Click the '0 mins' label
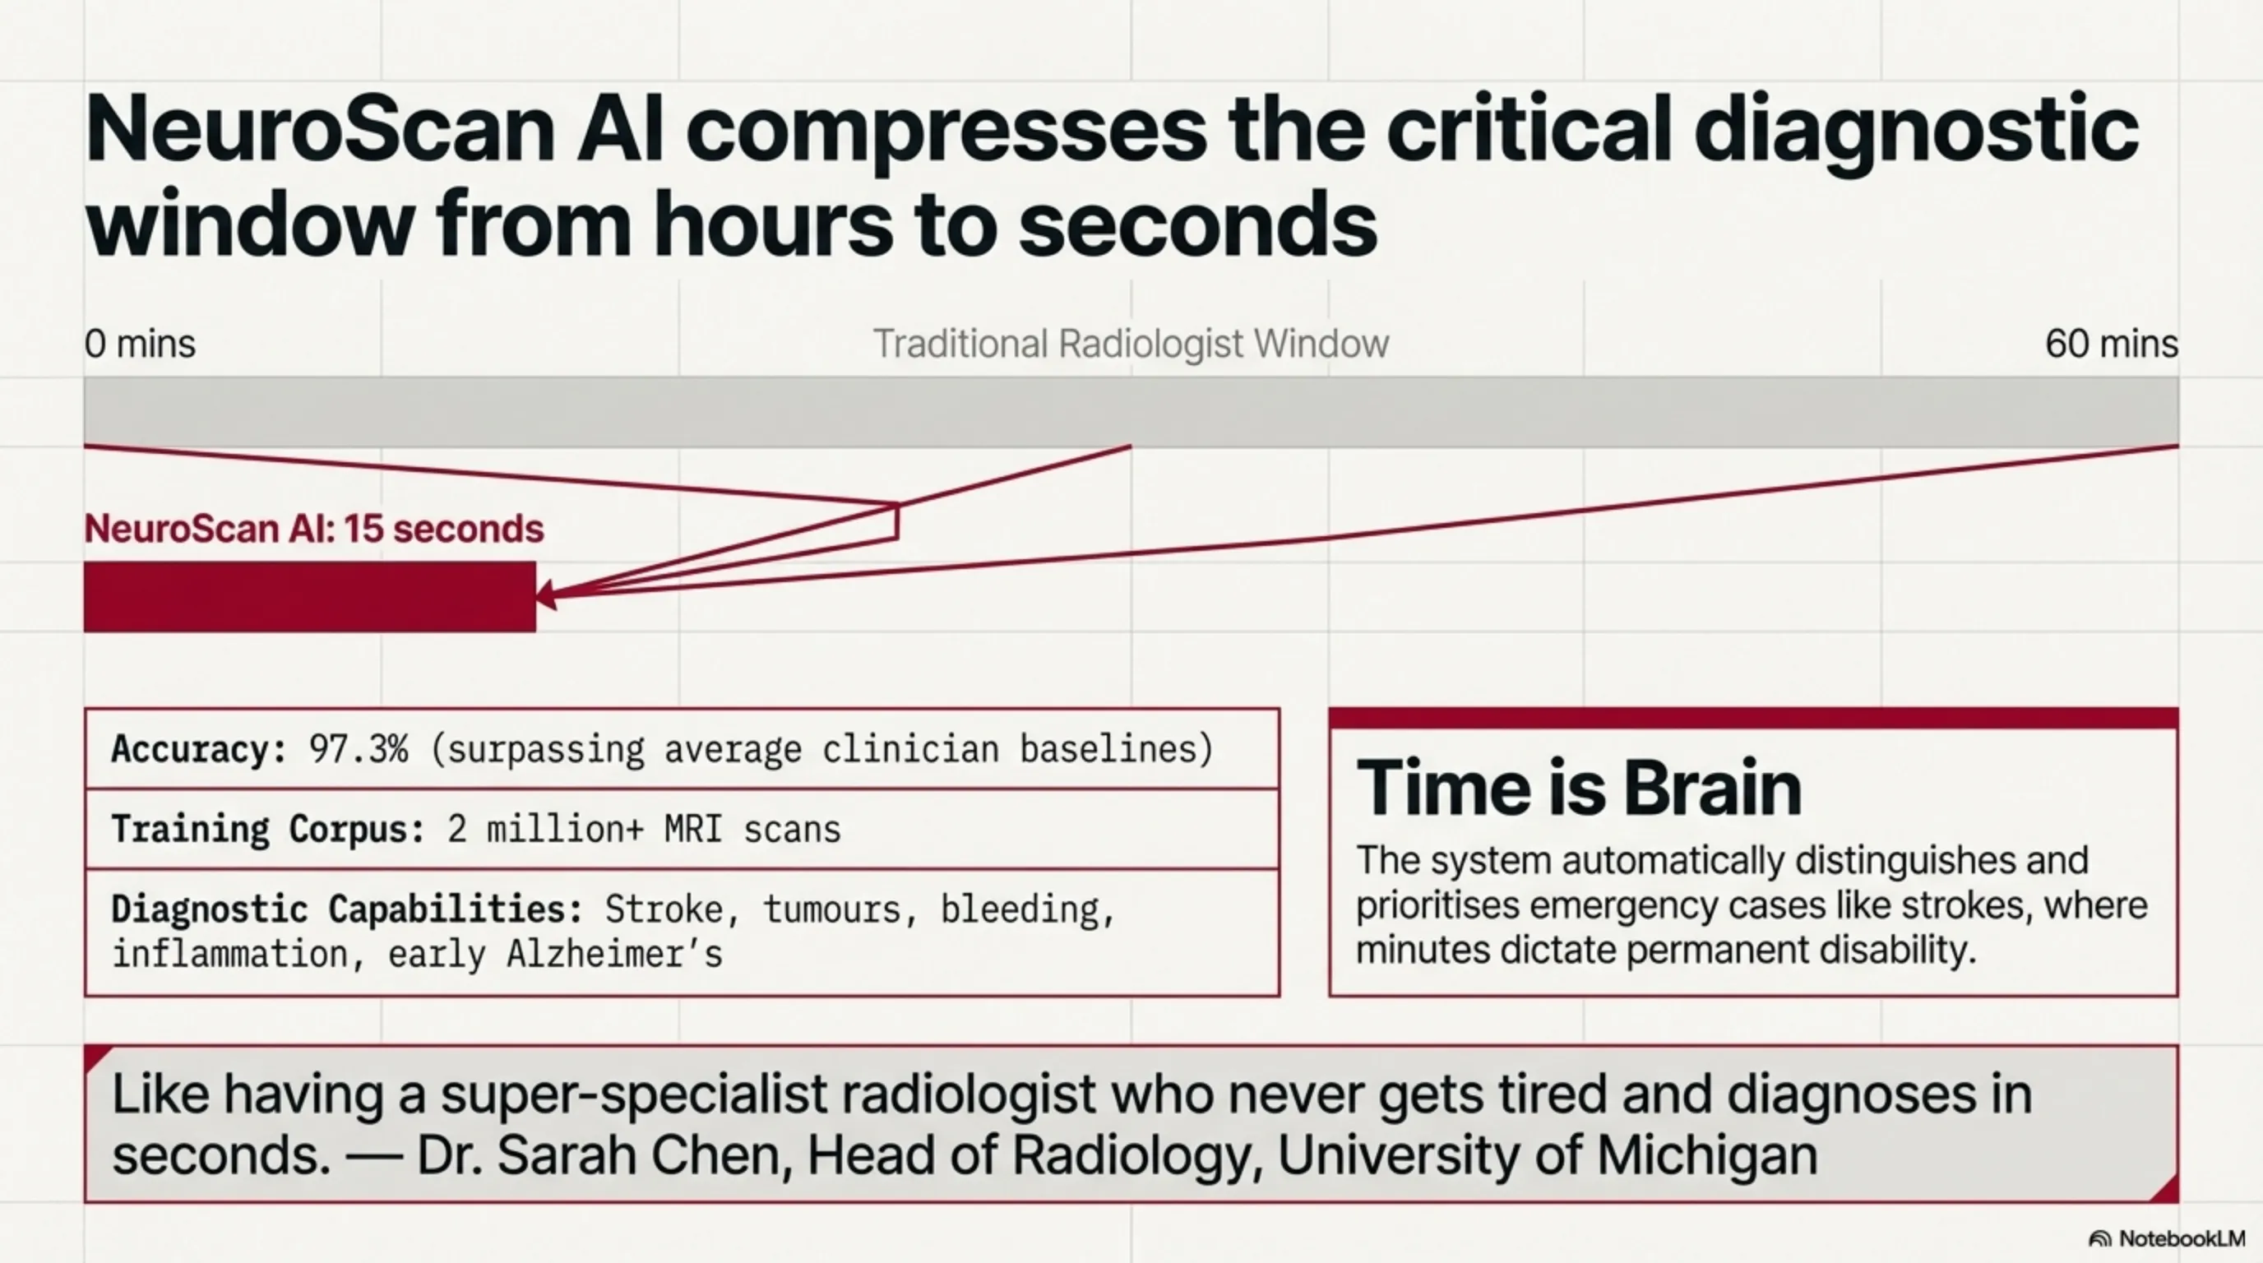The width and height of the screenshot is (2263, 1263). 140,344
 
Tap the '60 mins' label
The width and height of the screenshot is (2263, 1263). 2112,344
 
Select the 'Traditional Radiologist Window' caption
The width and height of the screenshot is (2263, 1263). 1131,344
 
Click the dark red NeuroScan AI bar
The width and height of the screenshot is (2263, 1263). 310,596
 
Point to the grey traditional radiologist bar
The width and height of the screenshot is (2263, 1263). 1131,411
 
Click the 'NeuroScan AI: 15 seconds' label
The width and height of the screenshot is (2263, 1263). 313,529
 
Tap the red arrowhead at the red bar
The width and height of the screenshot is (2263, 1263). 546,594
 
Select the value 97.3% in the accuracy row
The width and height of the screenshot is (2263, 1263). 359,749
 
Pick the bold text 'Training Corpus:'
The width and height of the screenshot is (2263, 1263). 269,829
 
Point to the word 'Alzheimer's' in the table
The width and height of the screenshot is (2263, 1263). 614,954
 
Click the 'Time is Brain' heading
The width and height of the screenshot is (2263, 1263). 1579,788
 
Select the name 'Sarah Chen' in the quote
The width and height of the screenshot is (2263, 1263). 640,1155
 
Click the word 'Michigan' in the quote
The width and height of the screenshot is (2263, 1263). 1707,1156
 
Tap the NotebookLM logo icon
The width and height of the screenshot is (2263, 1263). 2099,1238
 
